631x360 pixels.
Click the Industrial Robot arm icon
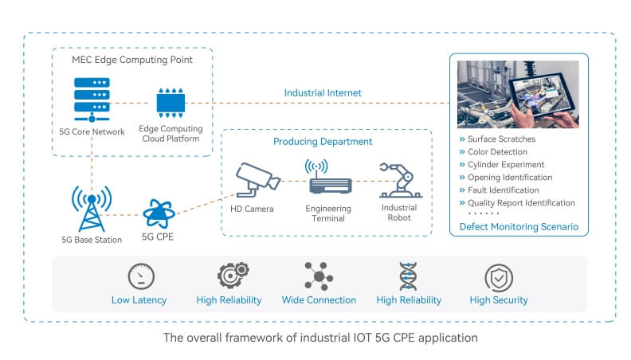[396, 181]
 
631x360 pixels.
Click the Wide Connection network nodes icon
[319, 276]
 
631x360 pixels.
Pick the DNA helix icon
[408, 276]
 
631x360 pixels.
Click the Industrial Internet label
[323, 93]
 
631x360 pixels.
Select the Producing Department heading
[323, 142]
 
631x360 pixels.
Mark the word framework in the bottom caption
[241, 338]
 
